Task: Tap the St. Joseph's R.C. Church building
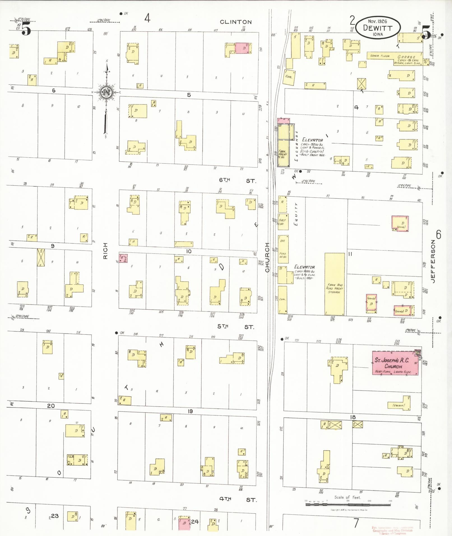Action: click(x=395, y=363)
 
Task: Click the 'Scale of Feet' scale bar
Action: click(x=348, y=505)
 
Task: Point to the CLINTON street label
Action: click(x=236, y=22)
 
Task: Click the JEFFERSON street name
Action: click(x=433, y=261)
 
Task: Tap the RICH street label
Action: click(x=105, y=251)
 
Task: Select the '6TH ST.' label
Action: click(x=237, y=180)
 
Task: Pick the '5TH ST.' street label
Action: click(x=236, y=327)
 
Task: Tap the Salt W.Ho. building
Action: click(x=283, y=222)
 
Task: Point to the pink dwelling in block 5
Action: click(x=242, y=48)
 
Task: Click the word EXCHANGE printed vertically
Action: click(x=296, y=146)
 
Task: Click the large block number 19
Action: click(x=190, y=411)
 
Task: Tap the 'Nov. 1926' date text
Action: click(x=377, y=21)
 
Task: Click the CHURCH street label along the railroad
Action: click(x=267, y=257)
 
